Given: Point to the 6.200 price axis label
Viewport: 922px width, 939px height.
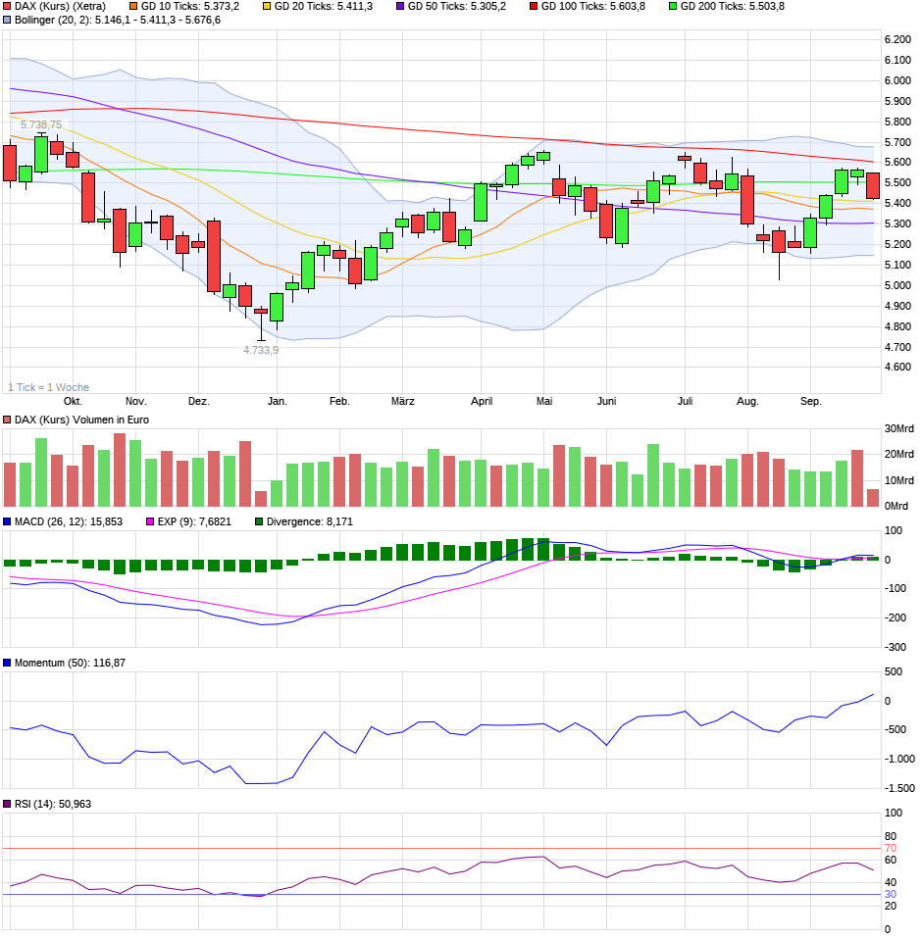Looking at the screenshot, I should click(897, 39).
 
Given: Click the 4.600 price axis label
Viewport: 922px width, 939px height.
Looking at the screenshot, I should click(897, 368).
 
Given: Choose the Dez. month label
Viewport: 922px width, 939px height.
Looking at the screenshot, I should click(198, 402).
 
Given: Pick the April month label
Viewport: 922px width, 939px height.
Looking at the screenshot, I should click(481, 402).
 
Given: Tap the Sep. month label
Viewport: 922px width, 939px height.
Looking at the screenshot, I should click(810, 402).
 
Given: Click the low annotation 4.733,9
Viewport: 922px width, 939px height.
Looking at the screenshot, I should click(261, 350).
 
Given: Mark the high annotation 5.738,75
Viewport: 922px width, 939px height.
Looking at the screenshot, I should click(41, 124).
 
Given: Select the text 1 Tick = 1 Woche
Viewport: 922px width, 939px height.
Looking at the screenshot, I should click(48, 387).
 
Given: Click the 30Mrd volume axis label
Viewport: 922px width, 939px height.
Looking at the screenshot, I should click(898, 429).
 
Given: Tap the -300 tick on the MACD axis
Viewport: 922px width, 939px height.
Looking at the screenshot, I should click(895, 648).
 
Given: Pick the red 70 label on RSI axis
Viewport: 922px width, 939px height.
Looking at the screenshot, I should click(891, 849).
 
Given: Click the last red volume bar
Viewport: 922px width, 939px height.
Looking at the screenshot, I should click(873, 497).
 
